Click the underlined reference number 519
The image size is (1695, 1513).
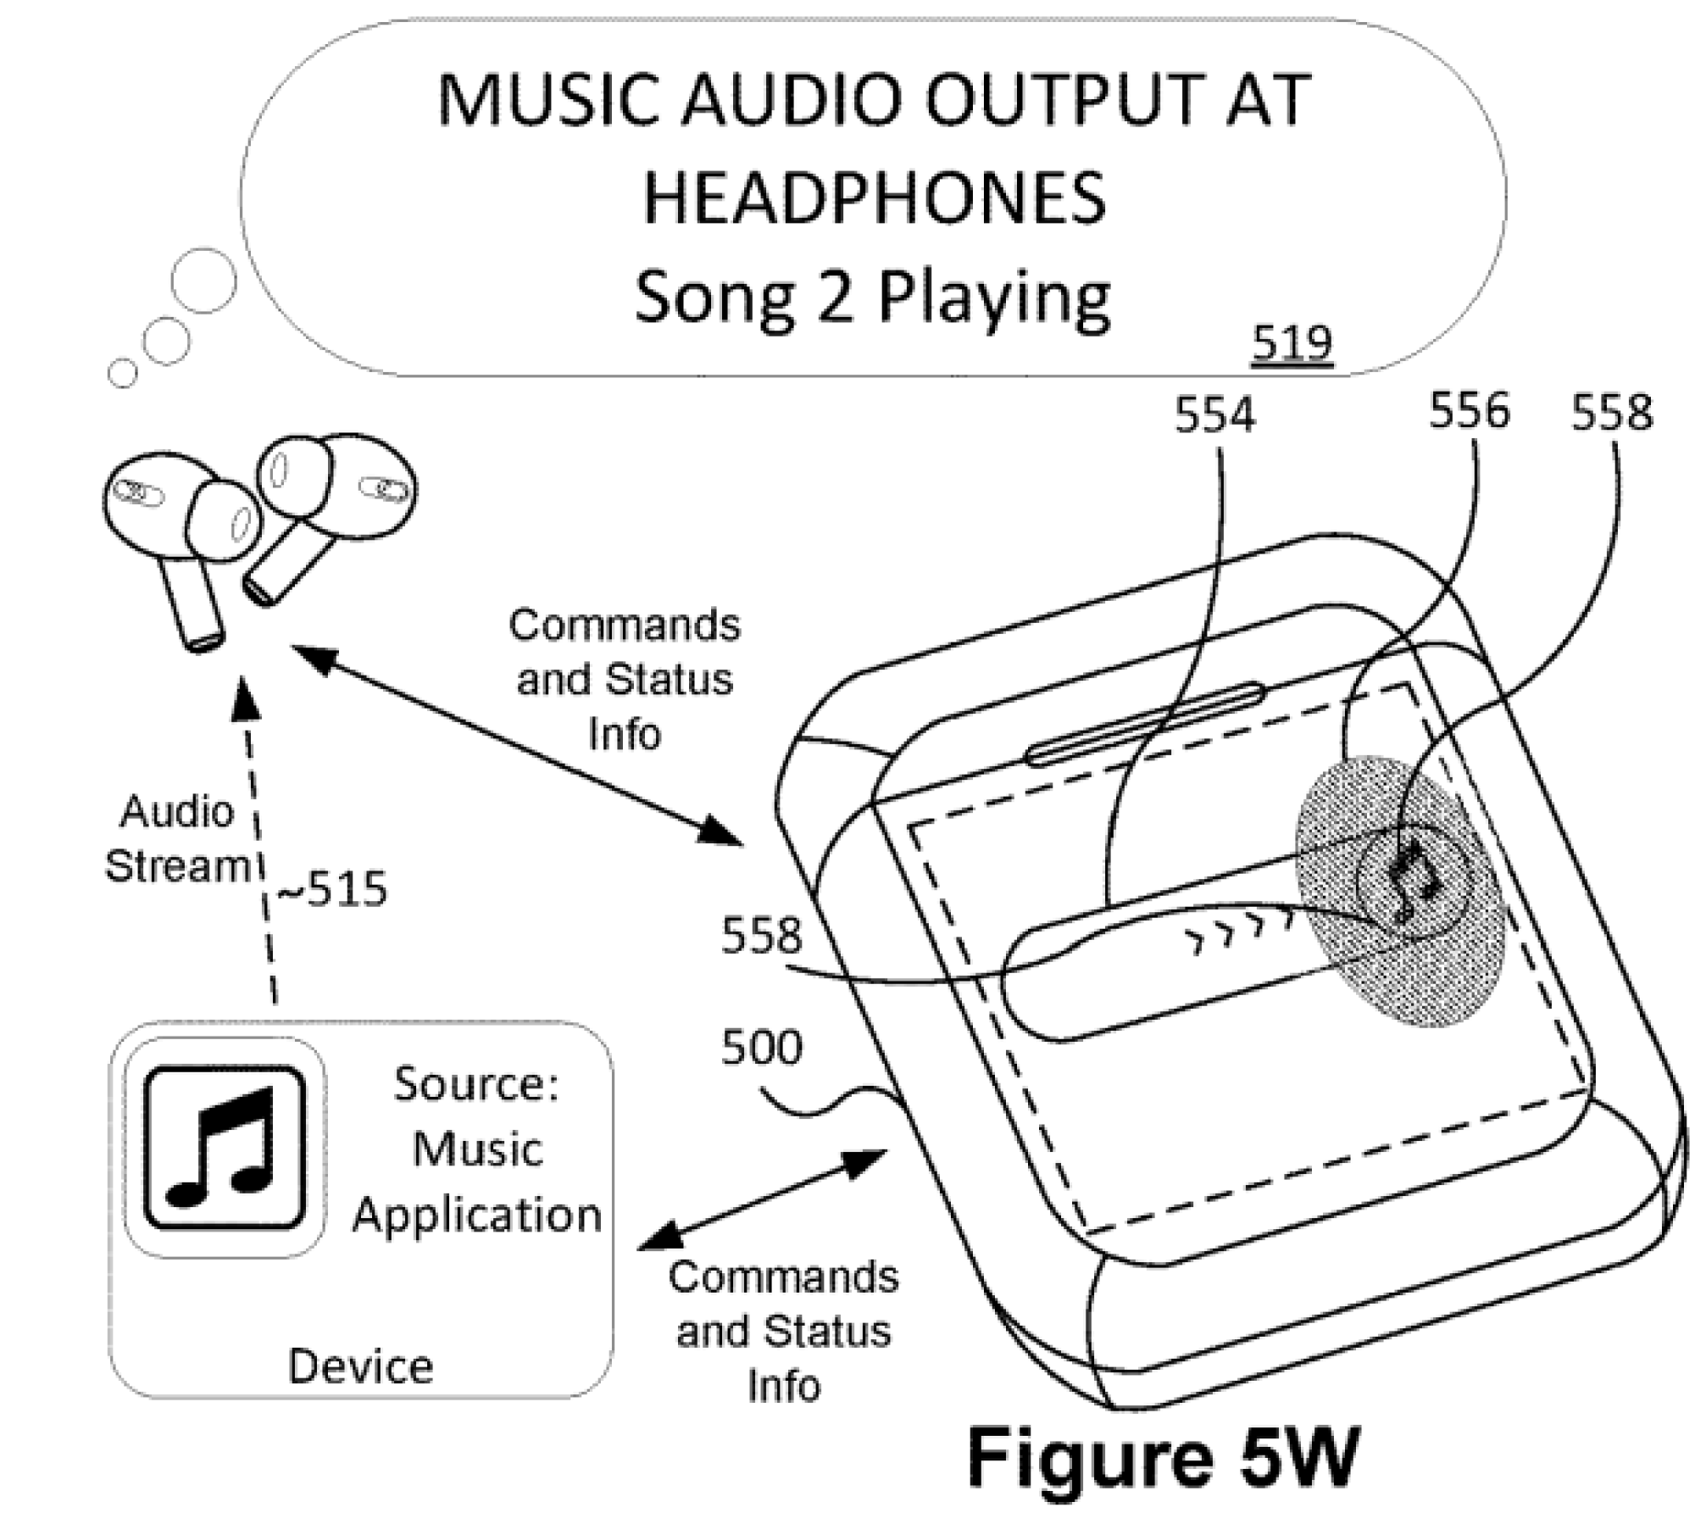[1292, 343]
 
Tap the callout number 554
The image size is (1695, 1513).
[1214, 416]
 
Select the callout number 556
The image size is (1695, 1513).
[1469, 411]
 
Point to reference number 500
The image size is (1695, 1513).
[760, 1048]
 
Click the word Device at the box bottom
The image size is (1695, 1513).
[360, 1366]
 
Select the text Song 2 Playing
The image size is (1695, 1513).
[872, 298]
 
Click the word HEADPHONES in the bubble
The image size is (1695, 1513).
[874, 198]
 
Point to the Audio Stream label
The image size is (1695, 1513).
[176, 839]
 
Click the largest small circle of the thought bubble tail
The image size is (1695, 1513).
[203, 281]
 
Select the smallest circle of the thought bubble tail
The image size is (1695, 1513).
[123, 373]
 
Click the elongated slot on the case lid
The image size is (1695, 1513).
[1144, 724]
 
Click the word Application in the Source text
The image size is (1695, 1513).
[477, 1215]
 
